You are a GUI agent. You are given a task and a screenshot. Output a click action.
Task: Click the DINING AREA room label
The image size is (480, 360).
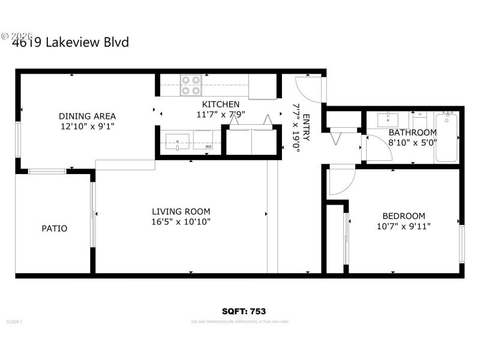tap(87, 116)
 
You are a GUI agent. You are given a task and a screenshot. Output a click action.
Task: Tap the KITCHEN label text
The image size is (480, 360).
tap(221, 104)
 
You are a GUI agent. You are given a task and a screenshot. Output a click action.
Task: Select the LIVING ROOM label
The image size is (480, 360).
tap(181, 211)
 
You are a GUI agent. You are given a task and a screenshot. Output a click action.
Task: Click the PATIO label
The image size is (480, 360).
tap(54, 228)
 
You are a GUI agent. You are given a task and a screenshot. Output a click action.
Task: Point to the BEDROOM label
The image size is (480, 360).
tap(404, 216)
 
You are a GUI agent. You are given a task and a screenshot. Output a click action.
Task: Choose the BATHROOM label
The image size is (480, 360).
tap(412, 133)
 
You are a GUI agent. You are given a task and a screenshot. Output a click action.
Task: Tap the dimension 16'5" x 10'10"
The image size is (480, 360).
tap(181, 221)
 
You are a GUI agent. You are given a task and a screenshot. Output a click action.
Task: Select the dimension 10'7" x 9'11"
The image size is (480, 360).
tap(404, 226)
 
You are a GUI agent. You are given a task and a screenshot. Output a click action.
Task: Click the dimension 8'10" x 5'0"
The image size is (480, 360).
tap(412, 143)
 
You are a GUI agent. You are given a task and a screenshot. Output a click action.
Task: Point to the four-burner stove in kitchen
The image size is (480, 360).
tap(191, 85)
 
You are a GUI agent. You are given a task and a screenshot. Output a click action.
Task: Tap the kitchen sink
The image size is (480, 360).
tap(178, 142)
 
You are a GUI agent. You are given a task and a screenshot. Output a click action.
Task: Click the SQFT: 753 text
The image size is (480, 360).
tap(244, 311)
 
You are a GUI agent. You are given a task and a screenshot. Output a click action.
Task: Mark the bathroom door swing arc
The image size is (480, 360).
tap(378, 148)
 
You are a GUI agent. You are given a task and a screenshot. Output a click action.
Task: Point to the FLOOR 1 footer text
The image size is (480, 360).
tap(14, 322)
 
